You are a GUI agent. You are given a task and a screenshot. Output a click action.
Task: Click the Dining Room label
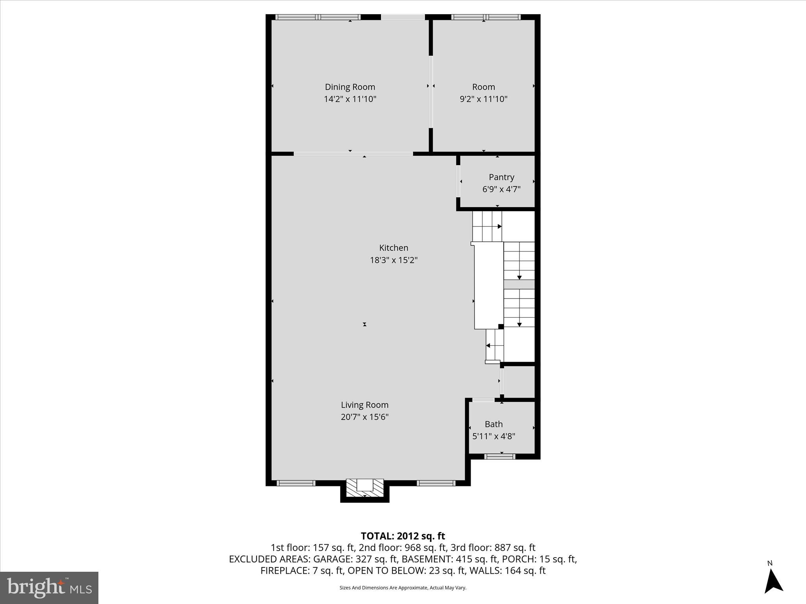[x=349, y=87]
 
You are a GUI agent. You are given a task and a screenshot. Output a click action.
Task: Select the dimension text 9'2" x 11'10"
[x=483, y=99]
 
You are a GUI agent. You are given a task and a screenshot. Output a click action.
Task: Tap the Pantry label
[x=501, y=177]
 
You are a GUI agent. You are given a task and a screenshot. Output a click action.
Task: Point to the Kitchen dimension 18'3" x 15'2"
[x=394, y=260]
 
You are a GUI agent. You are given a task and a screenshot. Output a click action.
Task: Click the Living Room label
[x=364, y=405]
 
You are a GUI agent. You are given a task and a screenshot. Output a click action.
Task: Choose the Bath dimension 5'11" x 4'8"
[x=494, y=436]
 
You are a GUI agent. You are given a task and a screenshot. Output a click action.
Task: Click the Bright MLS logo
[x=49, y=587]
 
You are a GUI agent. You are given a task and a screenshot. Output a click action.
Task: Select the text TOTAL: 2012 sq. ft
[x=403, y=536]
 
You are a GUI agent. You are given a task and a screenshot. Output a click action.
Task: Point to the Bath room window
[x=499, y=457]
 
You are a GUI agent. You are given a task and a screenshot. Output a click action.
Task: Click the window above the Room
[x=486, y=17]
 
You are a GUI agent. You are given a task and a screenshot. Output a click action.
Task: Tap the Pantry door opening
[x=458, y=181]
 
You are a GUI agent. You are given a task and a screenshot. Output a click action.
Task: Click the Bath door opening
[x=483, y=400]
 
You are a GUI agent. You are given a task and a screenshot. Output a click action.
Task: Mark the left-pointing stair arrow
[x=488, y=346]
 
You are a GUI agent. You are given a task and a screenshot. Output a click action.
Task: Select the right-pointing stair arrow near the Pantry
[x=499, y=226]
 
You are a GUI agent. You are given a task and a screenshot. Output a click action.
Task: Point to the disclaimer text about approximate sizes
[x=403, y=588]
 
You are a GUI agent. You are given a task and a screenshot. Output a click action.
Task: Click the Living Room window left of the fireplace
[x=296, y=483]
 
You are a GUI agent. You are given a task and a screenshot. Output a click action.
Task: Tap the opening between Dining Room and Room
[x=431, y=92]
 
